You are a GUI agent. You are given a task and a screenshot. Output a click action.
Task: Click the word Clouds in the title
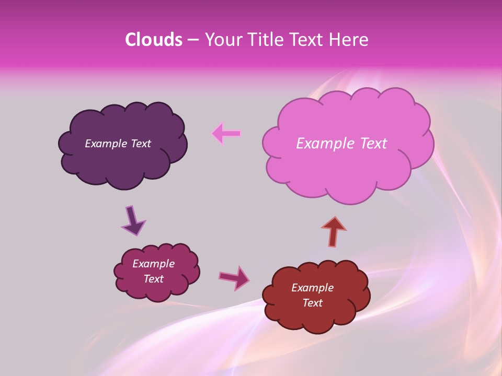(153, 40)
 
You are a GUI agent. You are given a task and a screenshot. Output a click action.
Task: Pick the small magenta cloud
(157, 290)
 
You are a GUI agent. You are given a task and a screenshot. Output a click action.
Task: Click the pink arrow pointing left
(226, 133)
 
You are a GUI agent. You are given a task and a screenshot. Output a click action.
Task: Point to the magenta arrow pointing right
(234, 278)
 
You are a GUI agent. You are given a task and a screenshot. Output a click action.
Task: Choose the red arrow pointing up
(334, 231)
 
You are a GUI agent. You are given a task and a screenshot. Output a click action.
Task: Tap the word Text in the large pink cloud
(370, 144)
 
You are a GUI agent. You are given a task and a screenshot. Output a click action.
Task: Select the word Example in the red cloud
(312, 288)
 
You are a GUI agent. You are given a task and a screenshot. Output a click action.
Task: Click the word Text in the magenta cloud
(154, 279)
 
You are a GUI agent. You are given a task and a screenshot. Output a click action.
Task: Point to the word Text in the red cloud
(312, 303)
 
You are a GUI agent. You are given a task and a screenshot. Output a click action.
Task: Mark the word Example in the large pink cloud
(322, 144)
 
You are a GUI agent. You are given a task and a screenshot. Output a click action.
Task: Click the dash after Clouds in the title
(192, 40)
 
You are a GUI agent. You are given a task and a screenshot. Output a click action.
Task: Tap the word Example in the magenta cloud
(154, 264)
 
